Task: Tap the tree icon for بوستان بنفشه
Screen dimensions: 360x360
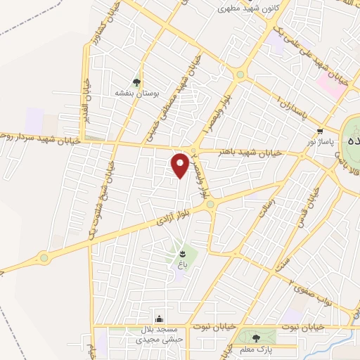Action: click(x=137, y=82)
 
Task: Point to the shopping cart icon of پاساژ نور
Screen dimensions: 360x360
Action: click(x=321, y=131)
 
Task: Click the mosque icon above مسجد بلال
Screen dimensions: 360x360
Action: click(x=160, y=319)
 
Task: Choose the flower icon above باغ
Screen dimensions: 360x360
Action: click(x=183, y=252)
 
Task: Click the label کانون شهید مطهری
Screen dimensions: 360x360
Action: click(x=229, y=9)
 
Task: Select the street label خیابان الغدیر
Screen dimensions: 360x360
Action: click(x=84, y=99)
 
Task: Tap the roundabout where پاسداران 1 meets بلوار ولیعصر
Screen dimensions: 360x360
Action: click(x=240, y=74)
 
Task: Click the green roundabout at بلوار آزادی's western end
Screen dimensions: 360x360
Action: click(x=46, y=257)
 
